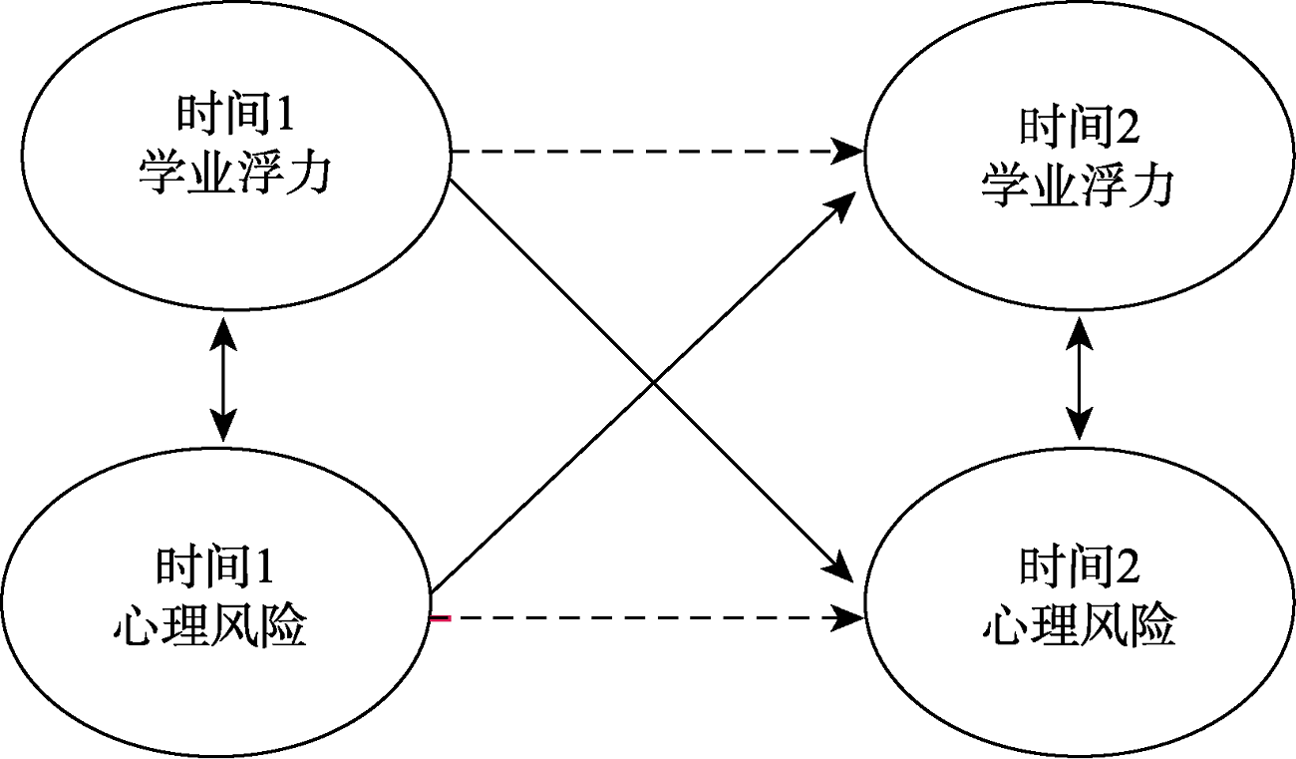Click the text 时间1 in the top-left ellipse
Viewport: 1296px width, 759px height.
coord(235,115)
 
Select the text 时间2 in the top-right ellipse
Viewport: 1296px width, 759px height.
coord(1078,127)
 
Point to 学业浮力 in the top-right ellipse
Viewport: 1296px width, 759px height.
coord(1078,186)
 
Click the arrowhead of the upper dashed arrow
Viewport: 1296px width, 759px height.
coord(851,153)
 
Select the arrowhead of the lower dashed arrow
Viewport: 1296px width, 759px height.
coord(851,618)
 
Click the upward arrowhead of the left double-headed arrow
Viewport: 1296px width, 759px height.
coord(223,329)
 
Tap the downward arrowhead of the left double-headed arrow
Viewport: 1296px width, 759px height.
coord(223,429)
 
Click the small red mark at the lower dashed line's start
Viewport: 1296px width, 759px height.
coord(440,619)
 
